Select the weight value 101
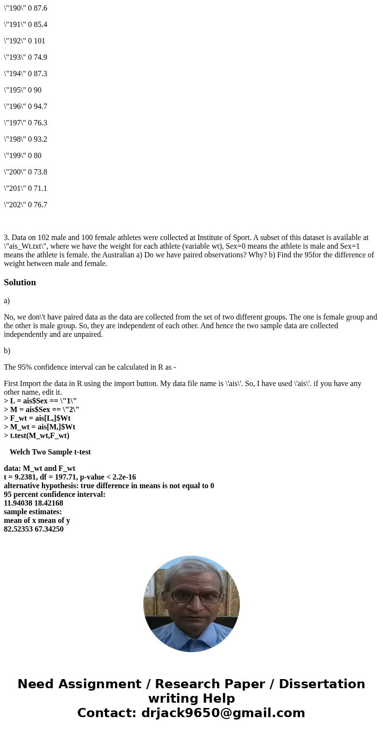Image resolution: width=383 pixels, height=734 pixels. (x=40, y=41)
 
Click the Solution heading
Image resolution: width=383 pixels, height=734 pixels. (x=20, y=282)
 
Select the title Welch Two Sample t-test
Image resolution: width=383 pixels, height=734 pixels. (x=50, y=452)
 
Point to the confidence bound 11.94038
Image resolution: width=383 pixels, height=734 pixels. (x=18, y=503)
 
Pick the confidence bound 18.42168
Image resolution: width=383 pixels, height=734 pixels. (x=49, y=503)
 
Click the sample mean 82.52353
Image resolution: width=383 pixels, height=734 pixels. (x=18, y=529)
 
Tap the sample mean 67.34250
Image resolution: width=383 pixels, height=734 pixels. (x=49, y=529)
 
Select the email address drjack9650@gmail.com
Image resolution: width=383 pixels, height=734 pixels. (x=223, y=713)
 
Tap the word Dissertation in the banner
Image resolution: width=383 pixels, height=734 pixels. (x=322, y=684)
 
